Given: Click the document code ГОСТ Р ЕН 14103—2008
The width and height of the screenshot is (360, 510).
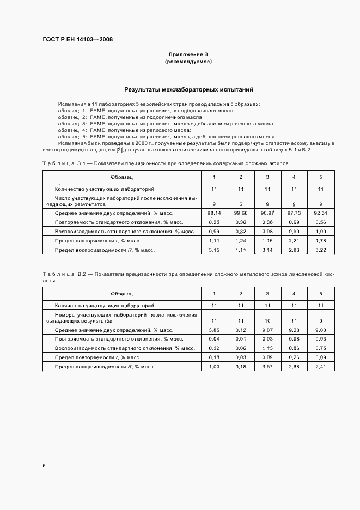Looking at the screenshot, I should (77, 39).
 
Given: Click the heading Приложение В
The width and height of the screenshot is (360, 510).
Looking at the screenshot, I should (188, 54).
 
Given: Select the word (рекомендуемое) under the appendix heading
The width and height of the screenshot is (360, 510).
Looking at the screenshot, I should (188, 62).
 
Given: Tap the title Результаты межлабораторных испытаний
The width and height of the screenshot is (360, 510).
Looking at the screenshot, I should (188, 89).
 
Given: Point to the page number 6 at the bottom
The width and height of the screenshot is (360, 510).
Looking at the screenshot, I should (44, 466).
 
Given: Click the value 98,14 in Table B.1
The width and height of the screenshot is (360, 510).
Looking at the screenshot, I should (213, 212).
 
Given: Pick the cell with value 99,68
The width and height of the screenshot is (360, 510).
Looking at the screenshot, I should (241, 212).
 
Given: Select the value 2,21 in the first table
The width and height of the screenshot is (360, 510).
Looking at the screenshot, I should (294, 240).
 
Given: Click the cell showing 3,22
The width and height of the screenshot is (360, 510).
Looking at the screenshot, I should (321, 250).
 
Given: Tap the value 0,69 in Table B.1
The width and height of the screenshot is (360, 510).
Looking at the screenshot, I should (294, 222).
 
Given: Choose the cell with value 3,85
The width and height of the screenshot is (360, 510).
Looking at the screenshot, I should (213, 330).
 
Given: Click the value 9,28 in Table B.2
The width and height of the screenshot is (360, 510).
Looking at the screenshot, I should (294, 330).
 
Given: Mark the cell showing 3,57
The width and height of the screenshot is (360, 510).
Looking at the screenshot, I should (267, 367).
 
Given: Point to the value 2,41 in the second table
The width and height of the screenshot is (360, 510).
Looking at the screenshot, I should (321, 367).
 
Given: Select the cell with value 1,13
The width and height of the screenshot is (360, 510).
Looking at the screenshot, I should (267, 348).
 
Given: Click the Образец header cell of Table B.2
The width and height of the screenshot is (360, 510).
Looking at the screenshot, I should (121, 294).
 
